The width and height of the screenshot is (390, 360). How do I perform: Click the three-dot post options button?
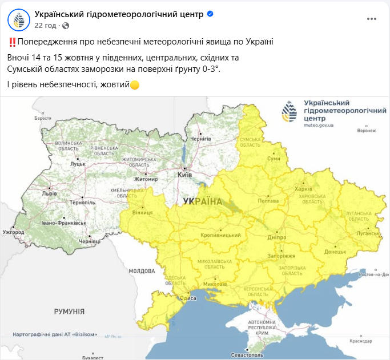[x=372, y=19]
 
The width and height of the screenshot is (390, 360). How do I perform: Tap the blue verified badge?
[x=210, y=14]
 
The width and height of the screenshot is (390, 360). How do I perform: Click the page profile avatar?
[x=19, y=19]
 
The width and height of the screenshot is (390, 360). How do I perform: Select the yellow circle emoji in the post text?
[x=135, y=85]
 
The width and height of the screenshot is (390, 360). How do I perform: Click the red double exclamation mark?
[x=12, y=42]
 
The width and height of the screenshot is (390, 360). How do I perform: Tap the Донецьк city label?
[x=335, y=251]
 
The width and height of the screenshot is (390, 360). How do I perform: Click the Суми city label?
[x=274, y=158]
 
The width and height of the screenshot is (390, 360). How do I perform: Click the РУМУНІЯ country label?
[x=69, y=312]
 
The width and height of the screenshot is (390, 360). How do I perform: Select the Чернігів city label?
[x=200, y=139]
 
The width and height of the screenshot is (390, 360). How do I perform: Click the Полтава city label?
[x=268, y=201]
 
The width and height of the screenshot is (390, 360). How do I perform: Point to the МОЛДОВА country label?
[x=142, y=270]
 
